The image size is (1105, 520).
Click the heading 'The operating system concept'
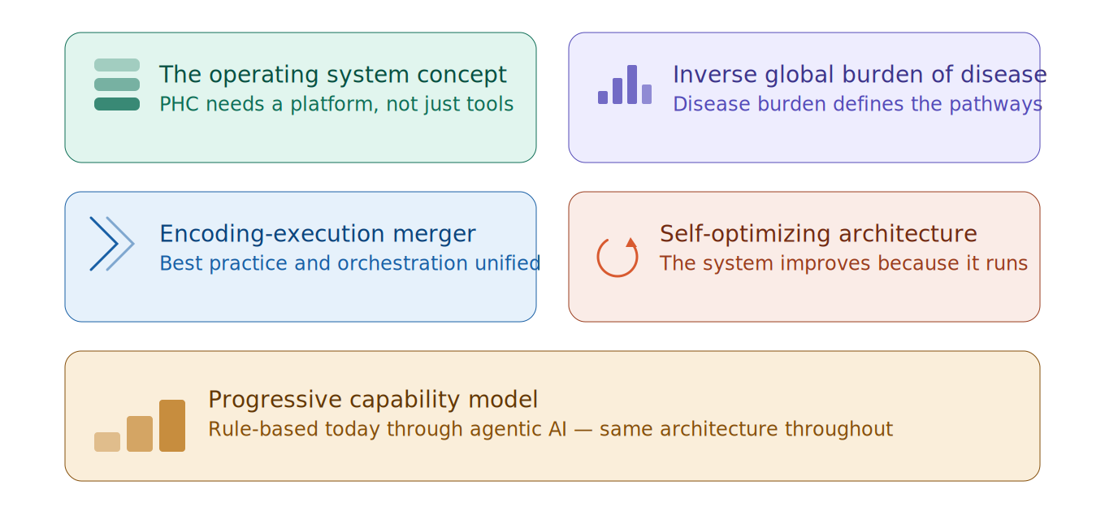click(x=332, y=75)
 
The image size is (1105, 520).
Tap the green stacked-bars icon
click(x=117, y=84)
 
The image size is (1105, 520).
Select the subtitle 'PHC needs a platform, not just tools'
click(x=336, y=105)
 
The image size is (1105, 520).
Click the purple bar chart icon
click(x=625, y=85)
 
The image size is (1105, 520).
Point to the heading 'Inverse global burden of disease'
click(x=858, y=75)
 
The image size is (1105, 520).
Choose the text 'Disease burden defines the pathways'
click(x=856, y=105)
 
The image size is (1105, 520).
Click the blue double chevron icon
click(x=112, y=244)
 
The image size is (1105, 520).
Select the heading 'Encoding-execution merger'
click(x=317, y=234)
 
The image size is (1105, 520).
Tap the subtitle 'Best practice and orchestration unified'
click(x=349, y=264)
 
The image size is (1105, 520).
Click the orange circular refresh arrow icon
click(x=617, y=257)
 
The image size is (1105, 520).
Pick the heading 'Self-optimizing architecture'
click(x=818, y=234)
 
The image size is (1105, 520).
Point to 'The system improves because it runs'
click(x=843, y=264)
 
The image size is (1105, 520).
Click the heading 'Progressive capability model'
click(x=373, y=400)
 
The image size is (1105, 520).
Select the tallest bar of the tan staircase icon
click(x=172, y=426)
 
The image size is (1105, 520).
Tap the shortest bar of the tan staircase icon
click(x=107, y=442)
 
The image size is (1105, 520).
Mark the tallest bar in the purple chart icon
click(x=632, y=84)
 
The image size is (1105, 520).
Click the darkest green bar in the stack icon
click(x=117, y=104)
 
